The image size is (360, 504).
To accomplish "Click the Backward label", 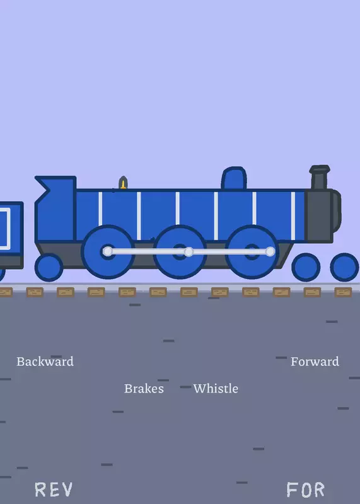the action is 45,362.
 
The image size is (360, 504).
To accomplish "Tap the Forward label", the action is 315,362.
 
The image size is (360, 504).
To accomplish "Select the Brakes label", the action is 144,389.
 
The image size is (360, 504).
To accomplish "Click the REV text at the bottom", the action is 54,490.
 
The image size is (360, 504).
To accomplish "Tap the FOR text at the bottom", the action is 305,490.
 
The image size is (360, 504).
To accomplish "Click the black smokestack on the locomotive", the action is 320,177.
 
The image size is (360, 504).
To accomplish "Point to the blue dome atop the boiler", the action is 234,178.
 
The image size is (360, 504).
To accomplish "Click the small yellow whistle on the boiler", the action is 123,183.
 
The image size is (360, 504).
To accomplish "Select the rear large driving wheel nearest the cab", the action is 108,251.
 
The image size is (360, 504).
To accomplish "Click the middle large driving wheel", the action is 180,251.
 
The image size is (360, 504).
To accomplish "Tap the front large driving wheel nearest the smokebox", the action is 252,251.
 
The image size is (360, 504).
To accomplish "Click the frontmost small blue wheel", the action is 344,267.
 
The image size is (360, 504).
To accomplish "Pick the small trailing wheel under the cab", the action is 49,267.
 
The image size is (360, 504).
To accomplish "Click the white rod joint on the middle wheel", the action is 189,251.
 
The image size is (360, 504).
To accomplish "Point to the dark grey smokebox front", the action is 322,215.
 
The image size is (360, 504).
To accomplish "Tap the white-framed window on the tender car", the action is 4,229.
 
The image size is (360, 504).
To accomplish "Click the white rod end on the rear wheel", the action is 108,251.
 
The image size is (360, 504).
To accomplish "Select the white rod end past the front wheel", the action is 270,251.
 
